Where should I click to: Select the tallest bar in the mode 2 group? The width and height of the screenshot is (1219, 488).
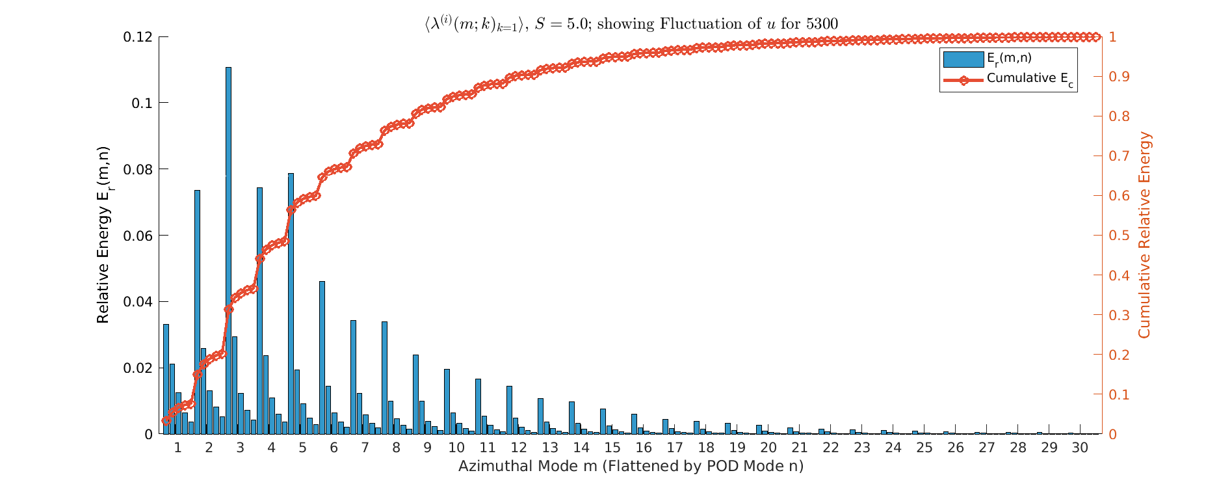click(x=197, y=312)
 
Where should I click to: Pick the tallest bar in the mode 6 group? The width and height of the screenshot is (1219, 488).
click(x=322, y=358)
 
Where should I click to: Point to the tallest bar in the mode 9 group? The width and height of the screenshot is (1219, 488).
click(x=415, y=394)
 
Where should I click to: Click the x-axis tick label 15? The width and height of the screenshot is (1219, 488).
click(x=612, y=448)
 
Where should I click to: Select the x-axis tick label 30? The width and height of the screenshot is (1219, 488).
click(x=1080, y=448)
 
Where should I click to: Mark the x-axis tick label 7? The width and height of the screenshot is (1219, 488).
click(x=365, y=448)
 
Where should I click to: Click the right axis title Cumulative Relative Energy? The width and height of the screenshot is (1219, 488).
click(x=1144, y=236)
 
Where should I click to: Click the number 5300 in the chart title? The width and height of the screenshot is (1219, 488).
click(x=822, y=24)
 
